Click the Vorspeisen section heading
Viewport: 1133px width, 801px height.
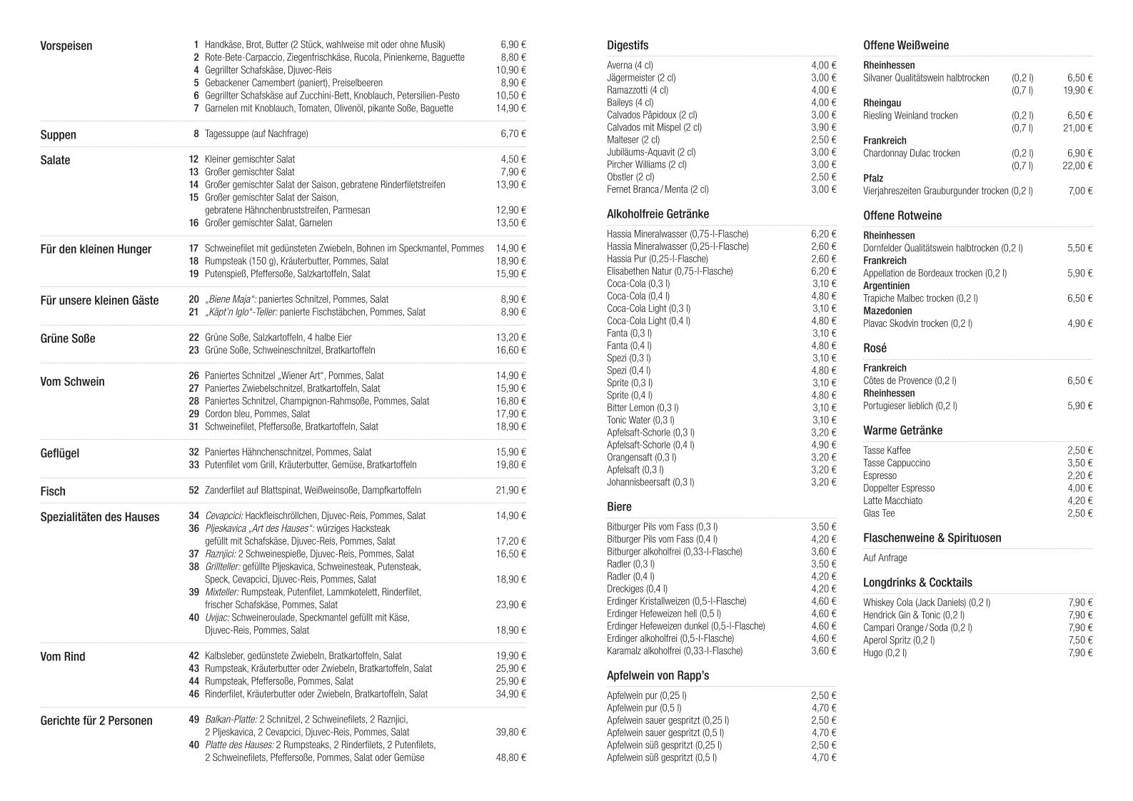coord(66,46)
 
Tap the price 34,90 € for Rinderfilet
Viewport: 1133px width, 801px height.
coord(510,694)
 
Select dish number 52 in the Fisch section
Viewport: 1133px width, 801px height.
coord(193,490)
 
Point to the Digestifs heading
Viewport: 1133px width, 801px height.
coord(628,46)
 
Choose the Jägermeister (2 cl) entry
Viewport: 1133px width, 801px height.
coord(641,78)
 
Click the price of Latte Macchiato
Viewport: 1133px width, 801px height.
coord(1079,501)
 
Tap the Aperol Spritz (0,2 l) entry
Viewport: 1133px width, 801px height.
coord(898,640)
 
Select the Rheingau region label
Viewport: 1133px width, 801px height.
coord(882,103)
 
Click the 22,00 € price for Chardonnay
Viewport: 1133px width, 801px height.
coord(1077,166)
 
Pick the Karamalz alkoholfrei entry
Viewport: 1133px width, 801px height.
coord(674,651)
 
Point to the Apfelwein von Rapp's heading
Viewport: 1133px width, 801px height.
coord(658,675)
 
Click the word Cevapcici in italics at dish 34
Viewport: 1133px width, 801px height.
coord(223,515)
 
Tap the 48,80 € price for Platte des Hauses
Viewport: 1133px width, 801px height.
coord(510,757)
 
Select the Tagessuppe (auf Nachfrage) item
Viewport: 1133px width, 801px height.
coord(256,134)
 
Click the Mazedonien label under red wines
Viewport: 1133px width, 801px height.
coord(887,311)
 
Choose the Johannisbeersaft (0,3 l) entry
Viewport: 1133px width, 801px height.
coord(650,482)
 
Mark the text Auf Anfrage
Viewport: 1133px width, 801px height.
coord(885,558)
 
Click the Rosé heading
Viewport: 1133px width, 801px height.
coord(875,348)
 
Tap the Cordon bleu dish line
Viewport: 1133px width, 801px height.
coord(257,414)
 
